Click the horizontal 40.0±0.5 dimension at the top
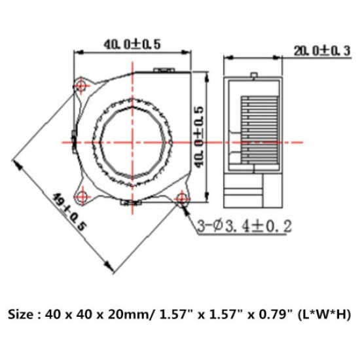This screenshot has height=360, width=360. coord(132,44)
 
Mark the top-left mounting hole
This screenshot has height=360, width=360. coord(82,85)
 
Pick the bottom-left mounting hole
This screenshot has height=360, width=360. coord(83,194)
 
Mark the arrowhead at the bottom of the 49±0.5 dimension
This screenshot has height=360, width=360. coord(110,268)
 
